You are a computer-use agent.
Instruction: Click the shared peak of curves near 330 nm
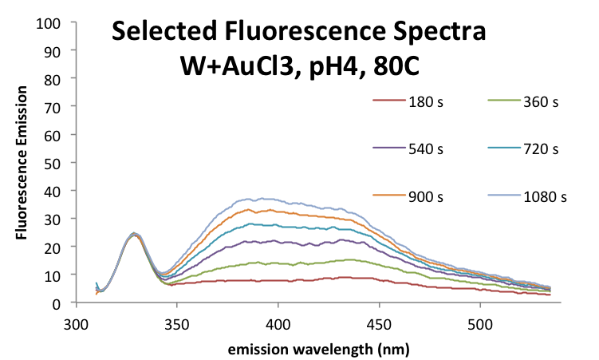(x=136, y=234)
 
